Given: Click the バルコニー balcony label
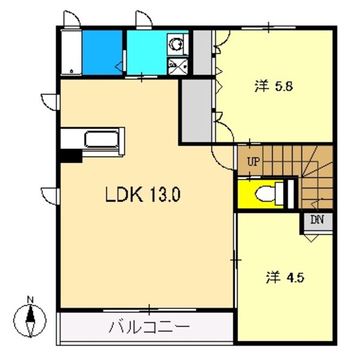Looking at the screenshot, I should pyautogui.click(x=149, y=328).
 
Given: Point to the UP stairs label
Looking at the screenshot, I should pyautogui.click(x=253, y=161).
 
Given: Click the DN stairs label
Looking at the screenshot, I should pyautogui.click(x=317, y=219).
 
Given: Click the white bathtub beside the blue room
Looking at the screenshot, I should pyautogui.click(x=71, y=52).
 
